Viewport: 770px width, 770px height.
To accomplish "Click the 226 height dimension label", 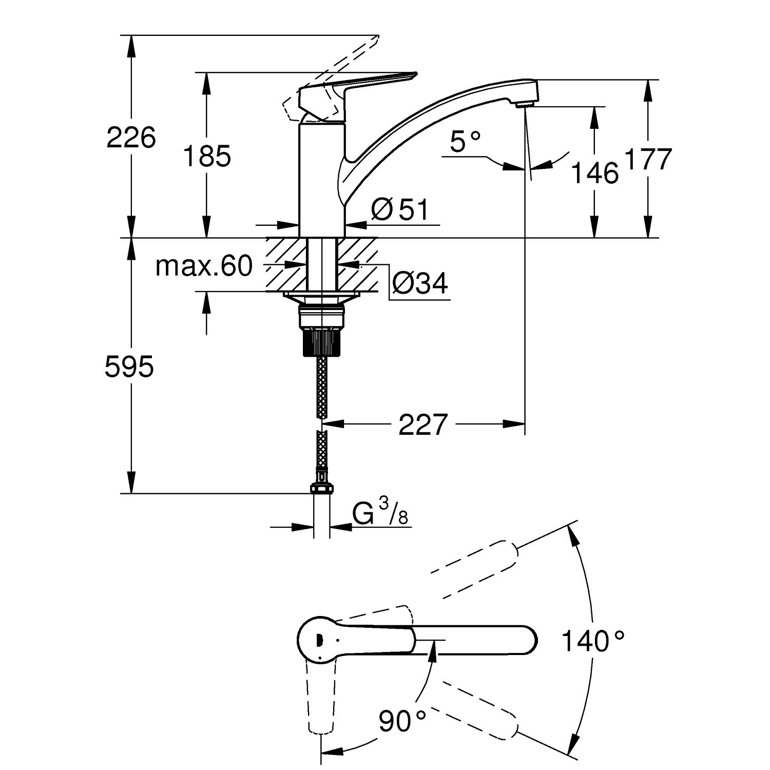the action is (x=131, y=138).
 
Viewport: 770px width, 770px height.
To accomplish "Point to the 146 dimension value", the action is (x=594, y=173).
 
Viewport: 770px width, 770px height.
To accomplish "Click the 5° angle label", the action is (x=466, y=142).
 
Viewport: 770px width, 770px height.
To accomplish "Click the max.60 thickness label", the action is (x=204, y=266).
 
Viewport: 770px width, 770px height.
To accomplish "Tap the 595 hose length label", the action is (x=129, y=367).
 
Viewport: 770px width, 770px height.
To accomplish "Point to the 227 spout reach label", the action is (x=423, y=425).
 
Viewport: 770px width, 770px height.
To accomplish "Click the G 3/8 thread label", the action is (x=380, y=513).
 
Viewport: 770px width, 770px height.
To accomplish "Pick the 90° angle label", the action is (x=402, y=721).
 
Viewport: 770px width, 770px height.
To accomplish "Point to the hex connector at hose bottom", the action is (x=321, y=489).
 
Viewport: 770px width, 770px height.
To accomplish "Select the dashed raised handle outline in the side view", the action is (x=329, y=77).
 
